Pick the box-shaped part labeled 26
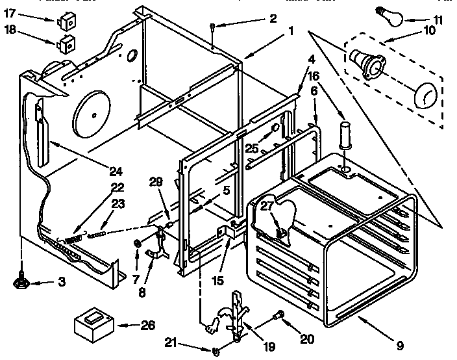click(x=93, y=323)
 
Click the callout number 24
click(x=116, y=172)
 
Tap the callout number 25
click(x=252, y=148)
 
